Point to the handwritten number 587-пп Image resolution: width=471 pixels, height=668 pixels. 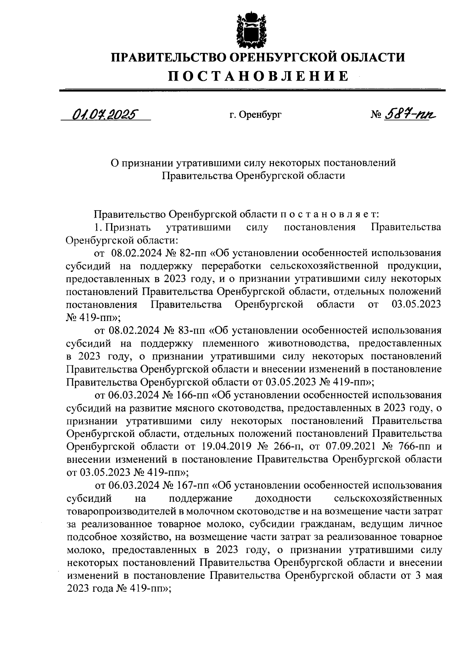point(410,114)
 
